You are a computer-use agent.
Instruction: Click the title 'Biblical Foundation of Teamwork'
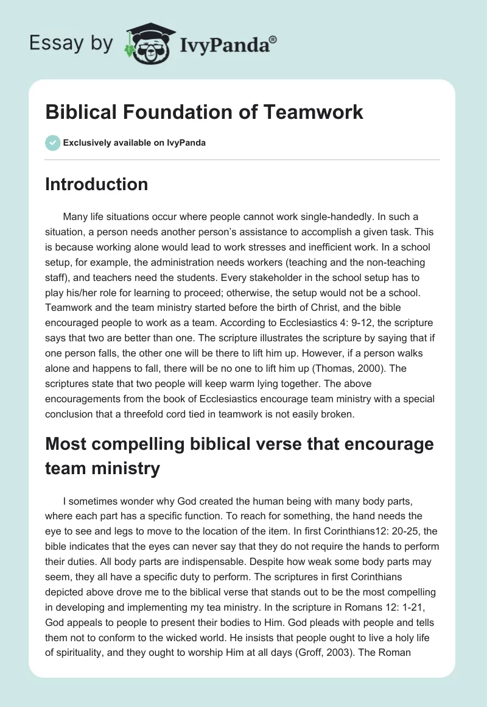pos(204,112)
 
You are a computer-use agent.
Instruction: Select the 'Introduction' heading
pos(96,184)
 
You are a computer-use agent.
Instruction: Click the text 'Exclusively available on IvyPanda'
pos(135,143)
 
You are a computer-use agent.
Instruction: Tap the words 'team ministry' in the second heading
pos(102,468)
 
